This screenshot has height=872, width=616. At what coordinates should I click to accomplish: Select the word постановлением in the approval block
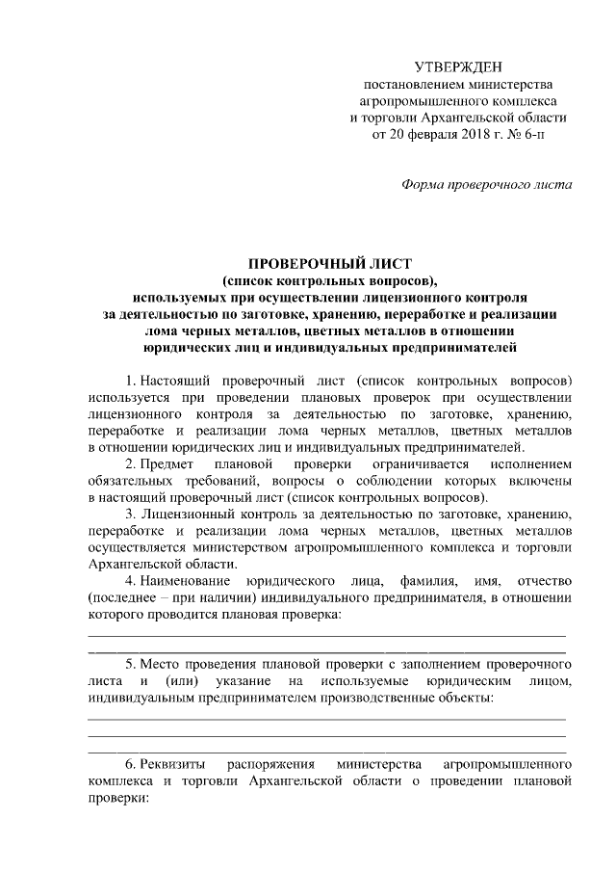(x=407, y=84)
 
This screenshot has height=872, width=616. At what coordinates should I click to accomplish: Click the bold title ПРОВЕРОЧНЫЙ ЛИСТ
(x=330, y=262)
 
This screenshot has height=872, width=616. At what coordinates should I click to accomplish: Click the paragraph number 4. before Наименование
(x=132, y=582)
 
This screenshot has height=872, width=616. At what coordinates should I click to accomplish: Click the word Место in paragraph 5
(x=163, y=665)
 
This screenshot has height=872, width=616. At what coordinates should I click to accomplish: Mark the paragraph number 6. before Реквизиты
(x=132, y=764)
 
